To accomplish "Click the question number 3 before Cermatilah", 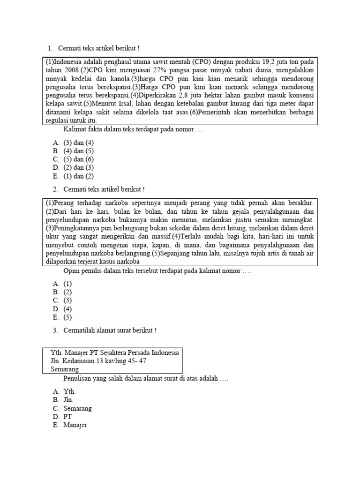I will (54, 330).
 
